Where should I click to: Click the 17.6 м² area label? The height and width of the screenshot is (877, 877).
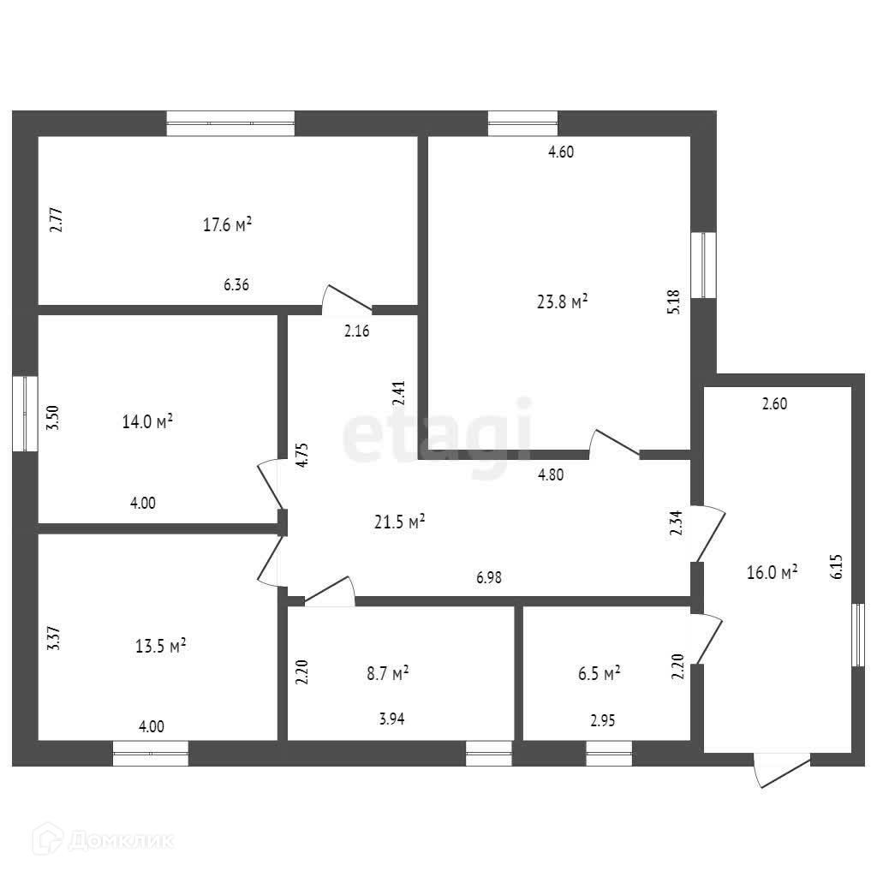(227, 225)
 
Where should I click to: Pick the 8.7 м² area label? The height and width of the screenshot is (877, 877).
(387, 674)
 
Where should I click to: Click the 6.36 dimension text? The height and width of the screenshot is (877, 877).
(236, 286)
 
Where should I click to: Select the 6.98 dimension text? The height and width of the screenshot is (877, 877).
(489, 578)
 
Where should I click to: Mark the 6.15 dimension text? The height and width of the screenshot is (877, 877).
(837, 567)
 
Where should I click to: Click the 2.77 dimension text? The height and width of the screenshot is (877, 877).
(56, 219)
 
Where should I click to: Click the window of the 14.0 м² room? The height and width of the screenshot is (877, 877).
(25, 413)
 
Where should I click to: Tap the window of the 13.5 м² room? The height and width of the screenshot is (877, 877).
(151, 753)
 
